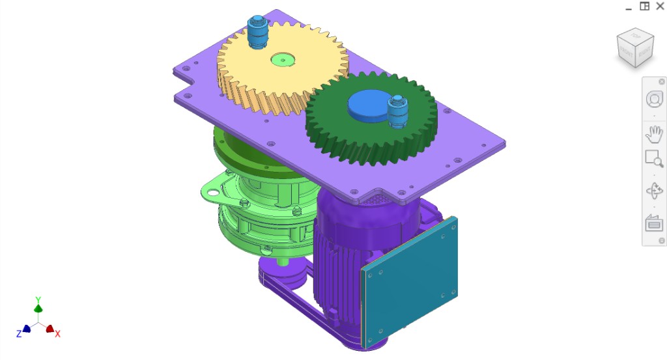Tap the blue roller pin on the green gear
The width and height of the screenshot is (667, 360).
click(x=397, y=111)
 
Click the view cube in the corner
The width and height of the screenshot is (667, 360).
click(x=635, y=48)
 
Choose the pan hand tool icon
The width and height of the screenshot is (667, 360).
click(x=653, y=135)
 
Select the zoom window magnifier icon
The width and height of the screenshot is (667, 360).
click(x=653, y=159)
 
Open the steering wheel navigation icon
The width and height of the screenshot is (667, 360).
click(x=653, y=99)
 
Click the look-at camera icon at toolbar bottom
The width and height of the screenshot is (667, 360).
click(x=653, y=223)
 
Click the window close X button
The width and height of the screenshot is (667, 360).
click(x=660, y=7)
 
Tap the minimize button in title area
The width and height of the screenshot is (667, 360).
click(x=629, y=7)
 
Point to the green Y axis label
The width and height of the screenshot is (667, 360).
click(x=38, y=300)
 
